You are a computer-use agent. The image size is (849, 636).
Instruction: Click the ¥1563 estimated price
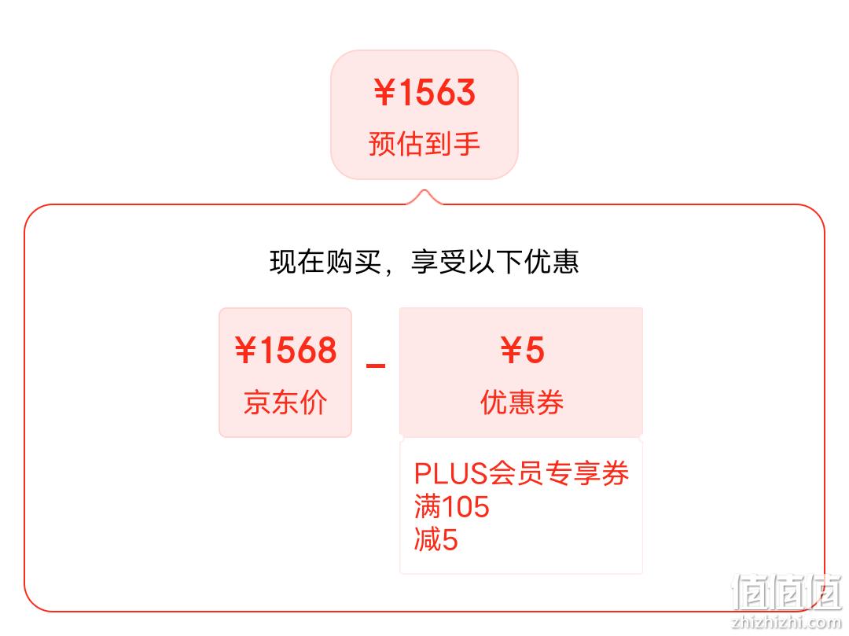pos(424,92)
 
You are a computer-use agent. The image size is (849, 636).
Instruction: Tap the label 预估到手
pos(424,143)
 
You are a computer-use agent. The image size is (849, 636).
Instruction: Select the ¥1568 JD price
pos(286,350)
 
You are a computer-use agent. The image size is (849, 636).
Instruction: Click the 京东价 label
pos(285,403)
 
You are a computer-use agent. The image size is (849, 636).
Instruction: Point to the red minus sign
pos(376,366)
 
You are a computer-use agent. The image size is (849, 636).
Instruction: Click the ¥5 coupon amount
pos(522,350)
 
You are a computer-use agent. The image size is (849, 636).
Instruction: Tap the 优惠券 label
pos(522,403)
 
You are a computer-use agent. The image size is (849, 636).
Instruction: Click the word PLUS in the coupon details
pos(451,473)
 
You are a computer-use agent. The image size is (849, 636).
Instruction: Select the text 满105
pos(451,506)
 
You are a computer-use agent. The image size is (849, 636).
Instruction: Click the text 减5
pos(436,539)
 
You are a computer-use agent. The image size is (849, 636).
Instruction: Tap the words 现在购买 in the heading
pos(325,262)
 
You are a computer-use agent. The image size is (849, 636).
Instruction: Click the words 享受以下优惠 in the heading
pos(495,262)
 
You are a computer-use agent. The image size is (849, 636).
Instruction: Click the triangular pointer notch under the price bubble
pos(424,197)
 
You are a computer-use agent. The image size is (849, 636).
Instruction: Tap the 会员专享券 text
pos(559,473)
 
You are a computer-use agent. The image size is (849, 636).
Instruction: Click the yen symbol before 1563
pos(384,92)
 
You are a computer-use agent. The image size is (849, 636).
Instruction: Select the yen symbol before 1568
pos(245,350)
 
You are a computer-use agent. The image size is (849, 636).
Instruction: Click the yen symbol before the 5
pos(511,350)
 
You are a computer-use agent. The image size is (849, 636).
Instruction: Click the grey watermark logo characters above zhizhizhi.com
pos(787,592)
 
